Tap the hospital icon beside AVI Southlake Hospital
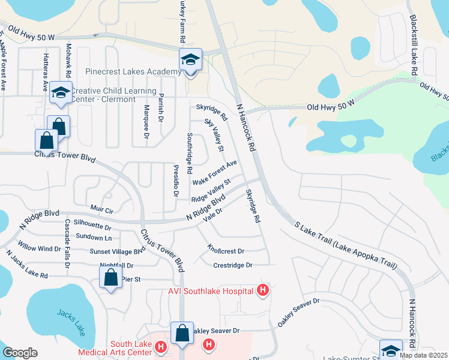tap(262, 291)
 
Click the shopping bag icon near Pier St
tap(110, 278)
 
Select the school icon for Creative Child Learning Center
tap(60, 93)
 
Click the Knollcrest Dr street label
tap(226, 250)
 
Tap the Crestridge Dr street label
tap(233, 265)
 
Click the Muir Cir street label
tap(101, 210)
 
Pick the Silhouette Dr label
tap(92, 228)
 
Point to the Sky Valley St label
tap(214, 135)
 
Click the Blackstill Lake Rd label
tap(414, 37)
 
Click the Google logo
tap(20, 353)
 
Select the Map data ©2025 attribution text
tap(423, 355)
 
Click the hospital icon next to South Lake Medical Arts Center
tap(160, 346)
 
